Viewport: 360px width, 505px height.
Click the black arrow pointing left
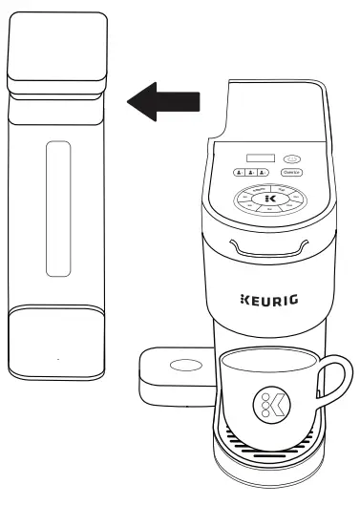pos(163,100)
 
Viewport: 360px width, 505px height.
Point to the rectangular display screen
pos(258,158)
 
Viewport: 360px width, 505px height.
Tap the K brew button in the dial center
pos(268,199)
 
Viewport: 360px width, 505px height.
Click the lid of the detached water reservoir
pos(55,53)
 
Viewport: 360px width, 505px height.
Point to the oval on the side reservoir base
pos(179,366)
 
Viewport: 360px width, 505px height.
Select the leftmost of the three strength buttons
pos(239,174)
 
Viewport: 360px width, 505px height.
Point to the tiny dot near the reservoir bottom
pos(57,360)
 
